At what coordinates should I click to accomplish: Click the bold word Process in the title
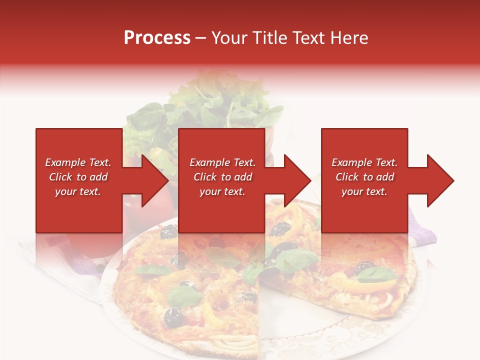pos(157,38)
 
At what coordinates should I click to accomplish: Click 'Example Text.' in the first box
pos(78,162)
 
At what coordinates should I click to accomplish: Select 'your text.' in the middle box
pos(222,191)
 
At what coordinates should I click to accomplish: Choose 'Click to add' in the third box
pos(364,177)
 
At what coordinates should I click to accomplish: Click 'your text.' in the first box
pos(78,191)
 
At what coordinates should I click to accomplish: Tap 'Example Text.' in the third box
pos(364,162)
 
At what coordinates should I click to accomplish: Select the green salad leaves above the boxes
pos(200,107)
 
